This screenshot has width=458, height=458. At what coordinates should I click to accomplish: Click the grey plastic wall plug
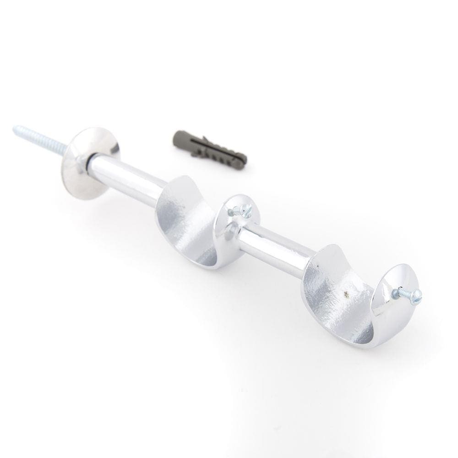210,147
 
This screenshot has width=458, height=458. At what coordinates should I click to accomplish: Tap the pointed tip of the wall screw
15,129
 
